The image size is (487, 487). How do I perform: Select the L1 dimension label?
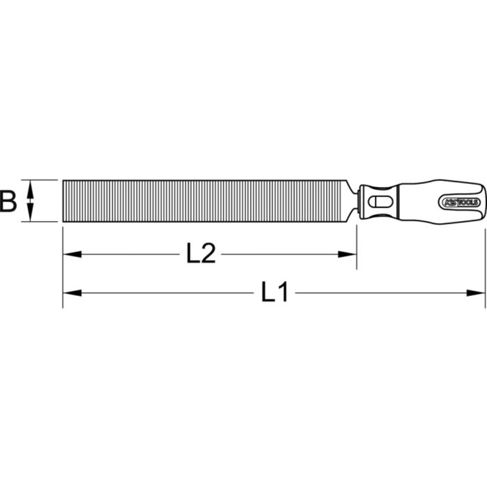click(x=276, y=293)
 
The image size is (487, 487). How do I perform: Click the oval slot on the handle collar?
click(x=378, y=201)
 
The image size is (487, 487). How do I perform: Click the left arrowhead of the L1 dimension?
click(x=72, y=293)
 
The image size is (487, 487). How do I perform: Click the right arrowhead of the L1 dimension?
click(x=476, y=293)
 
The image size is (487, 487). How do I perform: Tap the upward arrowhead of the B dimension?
click(x=31, y=186)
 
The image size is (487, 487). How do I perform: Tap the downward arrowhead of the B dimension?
click(x=31, y=215)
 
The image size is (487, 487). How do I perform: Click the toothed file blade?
click(x=205, y=201)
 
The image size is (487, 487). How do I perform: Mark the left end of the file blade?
click(x=64, y=201)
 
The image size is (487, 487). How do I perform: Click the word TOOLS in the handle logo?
click(x=468, y=202)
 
